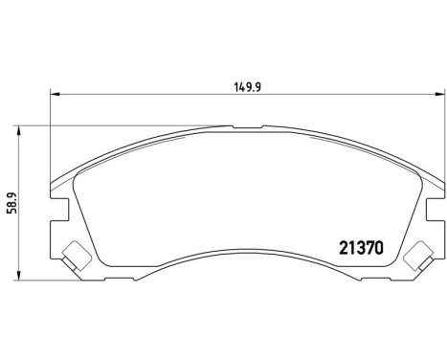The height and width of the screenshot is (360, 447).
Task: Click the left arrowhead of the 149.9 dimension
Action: click(x=55, y=93)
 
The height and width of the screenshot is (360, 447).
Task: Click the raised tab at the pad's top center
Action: click(x=244, y=126)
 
